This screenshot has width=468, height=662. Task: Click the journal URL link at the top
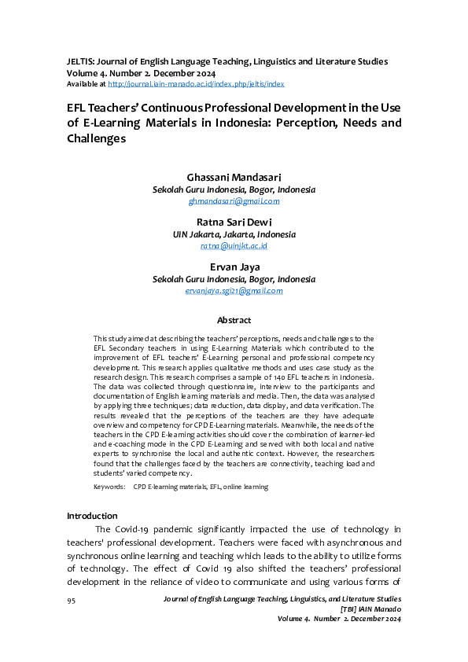[196, 83]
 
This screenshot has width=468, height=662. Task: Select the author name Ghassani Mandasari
[234, 177]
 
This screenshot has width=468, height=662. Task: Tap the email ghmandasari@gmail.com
[234, 200]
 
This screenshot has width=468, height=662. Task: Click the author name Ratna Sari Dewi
[234, 222]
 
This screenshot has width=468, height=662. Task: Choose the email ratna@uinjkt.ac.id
[234, 245]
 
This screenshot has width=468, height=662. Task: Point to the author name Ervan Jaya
[234, 267]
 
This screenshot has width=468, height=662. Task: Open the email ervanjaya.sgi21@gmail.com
[234, 290]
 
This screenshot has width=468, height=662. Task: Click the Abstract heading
[234, 320]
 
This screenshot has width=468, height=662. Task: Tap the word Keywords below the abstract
[109, 487]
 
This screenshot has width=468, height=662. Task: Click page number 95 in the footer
[71, 600]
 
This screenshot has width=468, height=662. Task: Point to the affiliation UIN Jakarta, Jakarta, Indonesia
[234, 234]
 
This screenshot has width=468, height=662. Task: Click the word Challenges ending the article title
[97, 138]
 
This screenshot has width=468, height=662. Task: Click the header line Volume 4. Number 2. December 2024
[141, 72]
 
